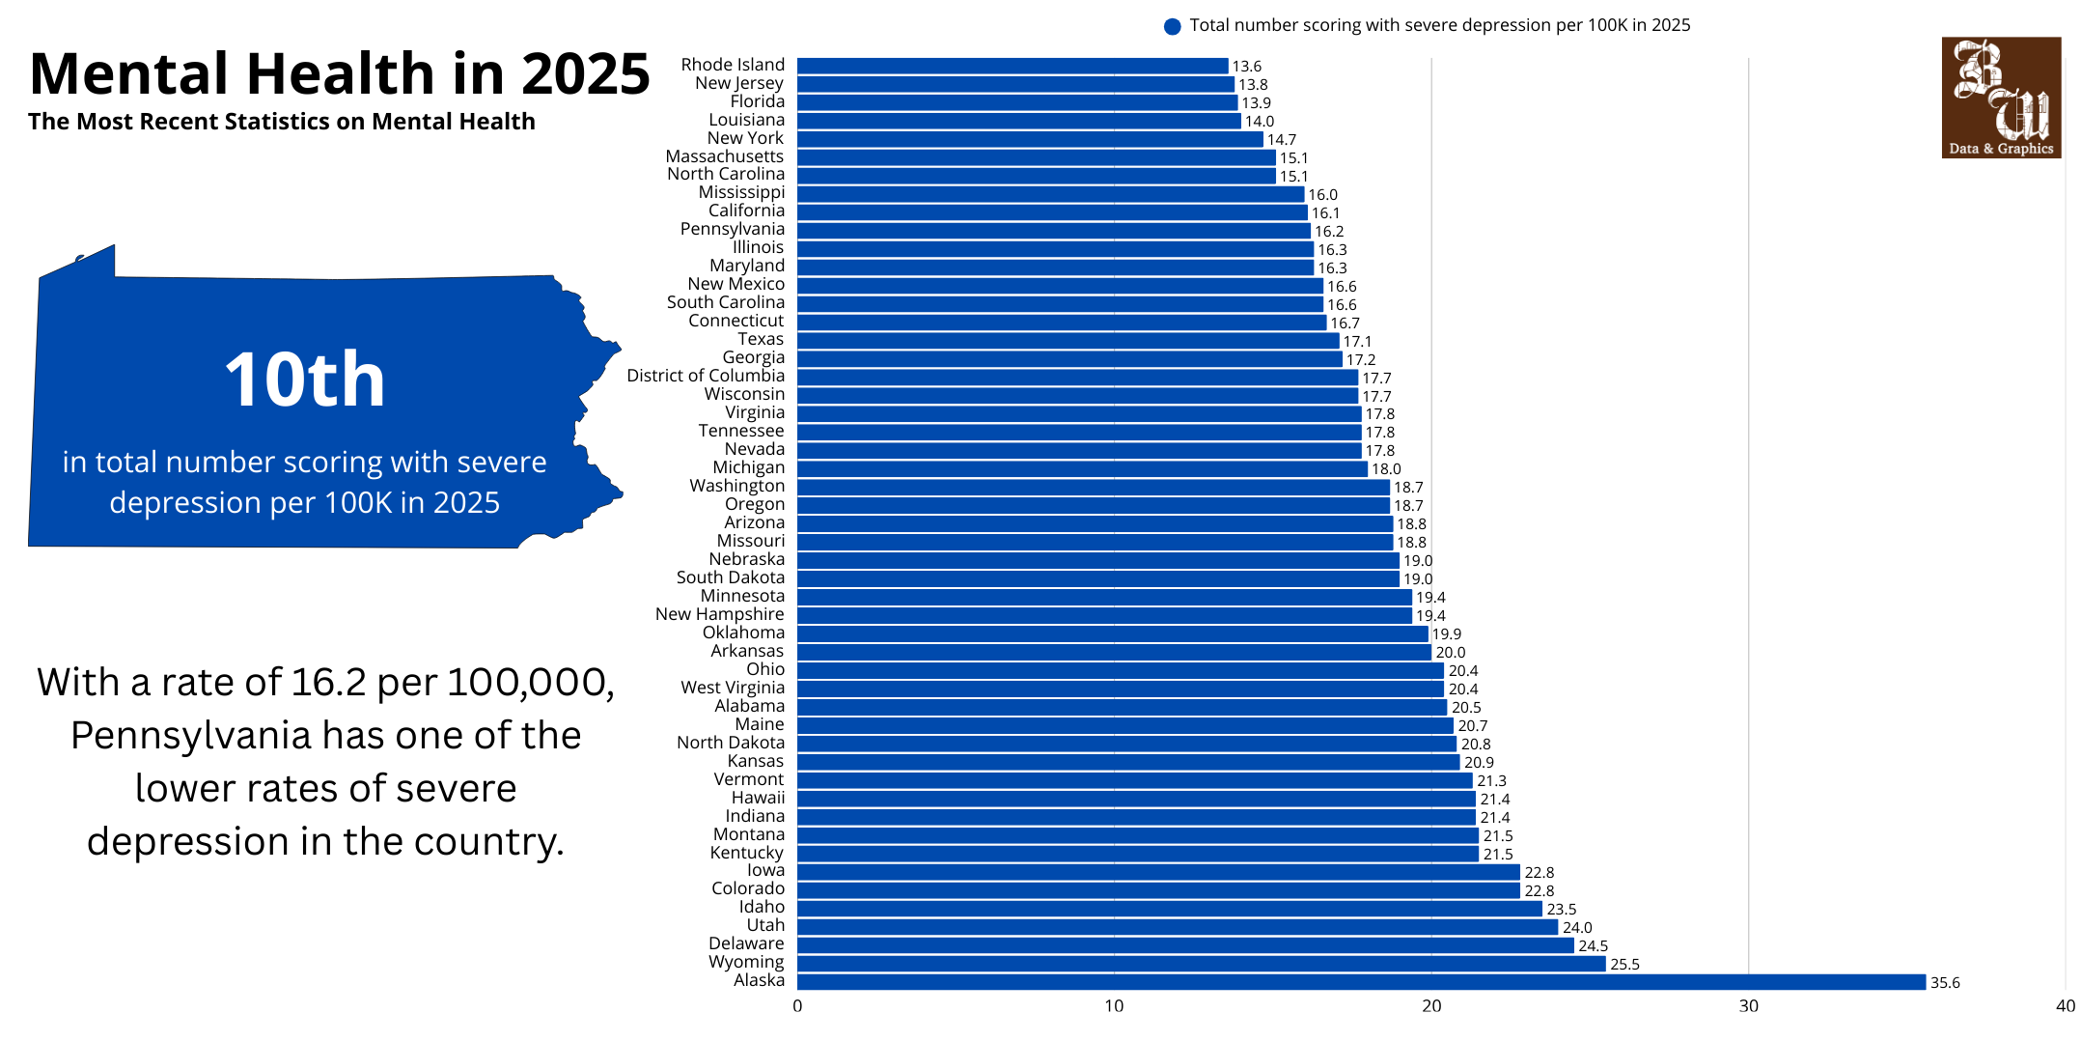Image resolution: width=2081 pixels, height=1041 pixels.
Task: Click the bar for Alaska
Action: point(1361,982)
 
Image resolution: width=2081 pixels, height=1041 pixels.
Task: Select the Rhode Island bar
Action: point(1013,66)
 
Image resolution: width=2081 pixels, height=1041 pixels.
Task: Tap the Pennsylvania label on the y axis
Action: point(732,229)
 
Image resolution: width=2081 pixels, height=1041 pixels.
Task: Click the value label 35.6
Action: point(1944,983)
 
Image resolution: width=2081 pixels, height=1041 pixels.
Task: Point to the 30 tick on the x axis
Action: point(1748,1006)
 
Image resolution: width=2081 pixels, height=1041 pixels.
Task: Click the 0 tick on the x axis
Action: point(797,1006)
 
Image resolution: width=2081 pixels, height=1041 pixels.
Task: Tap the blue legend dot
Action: point(1172,26)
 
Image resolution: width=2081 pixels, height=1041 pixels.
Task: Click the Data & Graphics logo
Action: point(2001,98)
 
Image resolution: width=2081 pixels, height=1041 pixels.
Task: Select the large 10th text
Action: point(305,380)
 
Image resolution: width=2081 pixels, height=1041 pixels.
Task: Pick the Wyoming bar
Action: point(1201,964)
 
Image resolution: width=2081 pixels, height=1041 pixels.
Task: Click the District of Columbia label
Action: point(706,376)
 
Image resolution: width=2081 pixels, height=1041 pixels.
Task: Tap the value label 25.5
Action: point(1624,965)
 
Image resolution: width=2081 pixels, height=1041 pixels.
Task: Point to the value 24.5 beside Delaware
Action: point(1593,946)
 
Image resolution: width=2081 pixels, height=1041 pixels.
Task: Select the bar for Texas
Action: point(1068,341)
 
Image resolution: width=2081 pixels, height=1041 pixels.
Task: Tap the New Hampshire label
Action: point(719,614)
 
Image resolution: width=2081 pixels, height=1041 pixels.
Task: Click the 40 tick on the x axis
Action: point(2065,1006)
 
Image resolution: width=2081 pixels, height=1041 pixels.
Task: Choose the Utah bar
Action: point(1178,927)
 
